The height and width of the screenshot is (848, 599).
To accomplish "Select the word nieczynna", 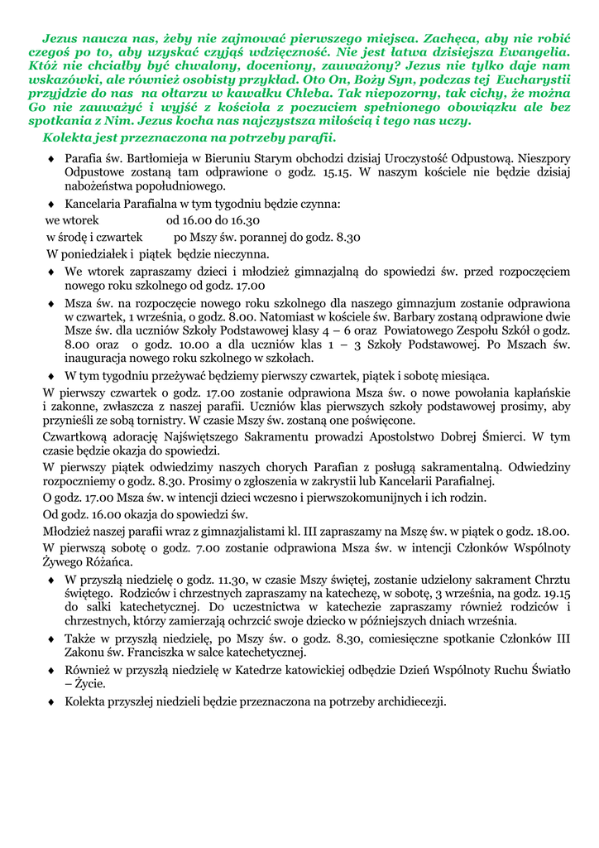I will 240,253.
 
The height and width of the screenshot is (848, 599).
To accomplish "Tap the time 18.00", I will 550,531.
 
